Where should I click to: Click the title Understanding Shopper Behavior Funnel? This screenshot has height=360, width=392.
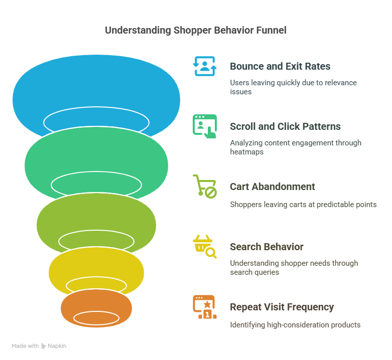(196, 30)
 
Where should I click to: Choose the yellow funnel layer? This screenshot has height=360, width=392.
(95, 263)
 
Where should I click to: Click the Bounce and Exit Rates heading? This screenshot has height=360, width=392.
(280, 66)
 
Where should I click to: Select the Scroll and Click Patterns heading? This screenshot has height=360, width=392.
(285, 126)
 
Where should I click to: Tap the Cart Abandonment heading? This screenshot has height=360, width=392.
(273, 187)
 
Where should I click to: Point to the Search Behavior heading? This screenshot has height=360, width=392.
(267, 247)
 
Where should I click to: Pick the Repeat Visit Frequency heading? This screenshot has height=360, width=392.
(282, 307)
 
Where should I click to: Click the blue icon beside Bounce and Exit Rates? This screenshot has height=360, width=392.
(205, 66)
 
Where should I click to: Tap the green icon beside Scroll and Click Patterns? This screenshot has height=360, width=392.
(205, 126)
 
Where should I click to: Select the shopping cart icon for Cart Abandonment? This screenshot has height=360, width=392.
(205, 187)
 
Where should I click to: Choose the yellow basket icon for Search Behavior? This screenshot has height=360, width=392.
(205, 247)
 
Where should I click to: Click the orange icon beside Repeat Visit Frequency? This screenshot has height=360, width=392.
(205, 307)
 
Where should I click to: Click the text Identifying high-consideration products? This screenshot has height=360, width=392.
(295, 325)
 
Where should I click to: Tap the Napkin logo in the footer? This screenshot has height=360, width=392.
(54, 346)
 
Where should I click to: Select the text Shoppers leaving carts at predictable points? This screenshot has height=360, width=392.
(303, 205)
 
